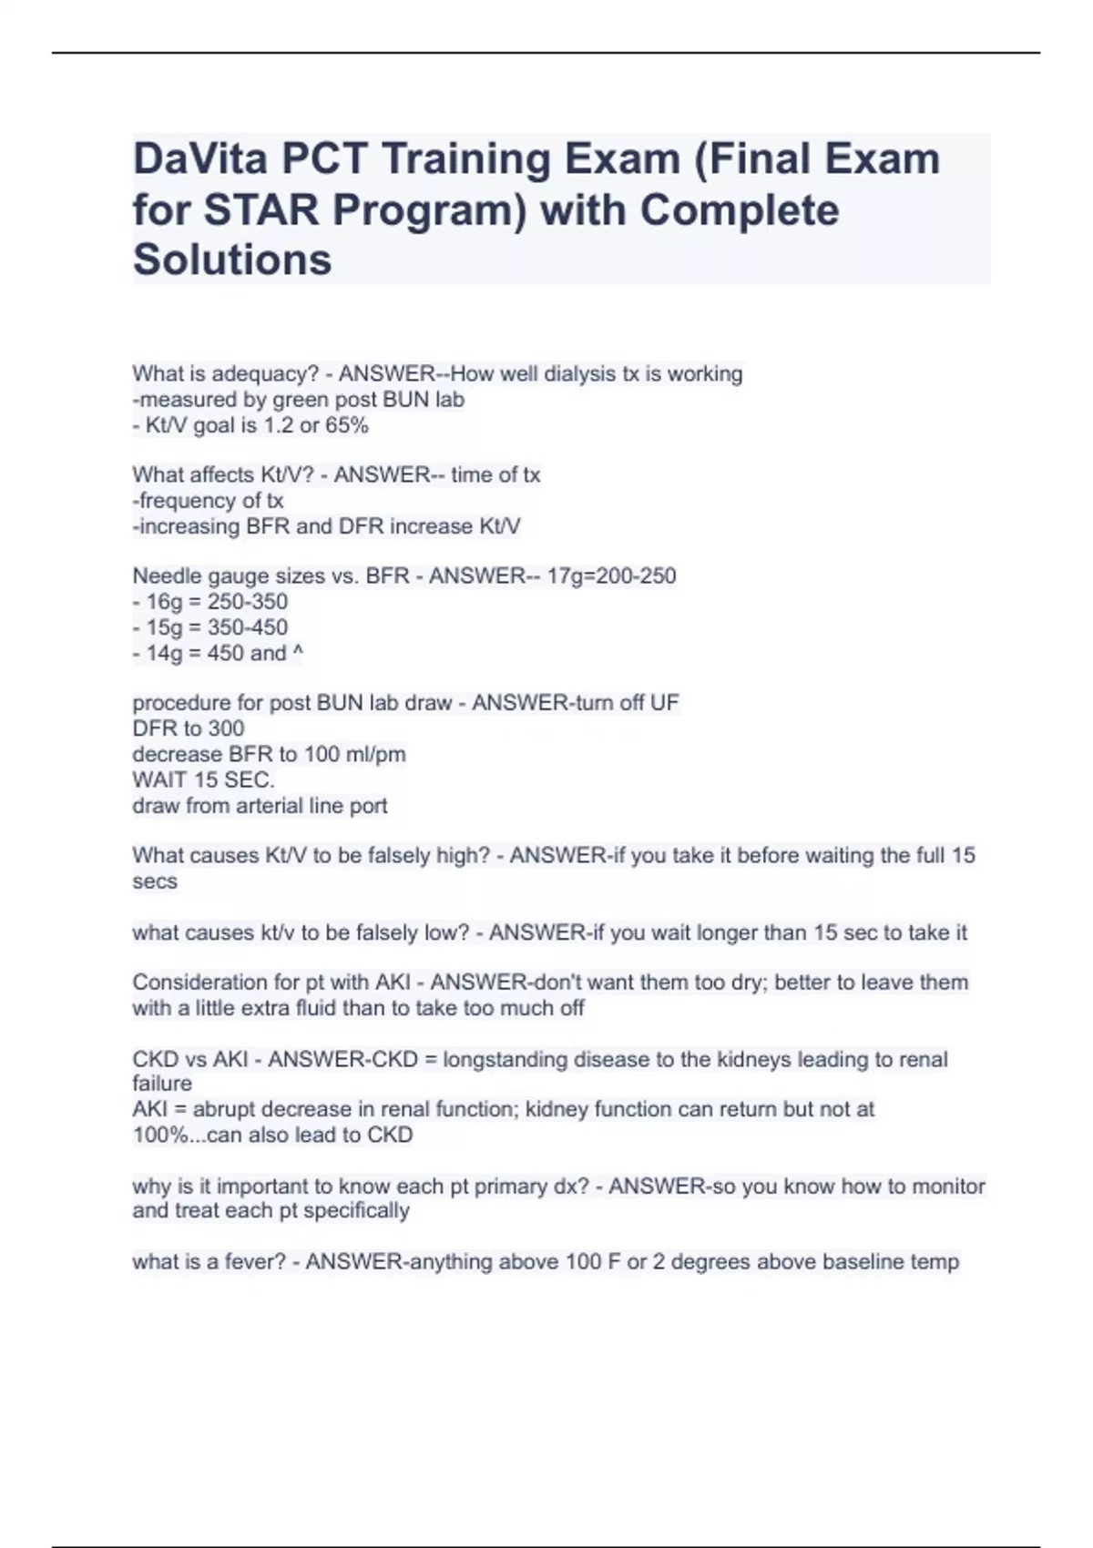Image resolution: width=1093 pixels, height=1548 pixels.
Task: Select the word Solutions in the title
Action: click(232, 260)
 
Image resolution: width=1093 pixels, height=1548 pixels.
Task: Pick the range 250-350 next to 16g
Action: click(248, 602)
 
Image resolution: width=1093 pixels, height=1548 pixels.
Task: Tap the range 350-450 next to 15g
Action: click(248, 627)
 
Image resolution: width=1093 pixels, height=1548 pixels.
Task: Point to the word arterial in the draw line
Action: click(273, 806)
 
